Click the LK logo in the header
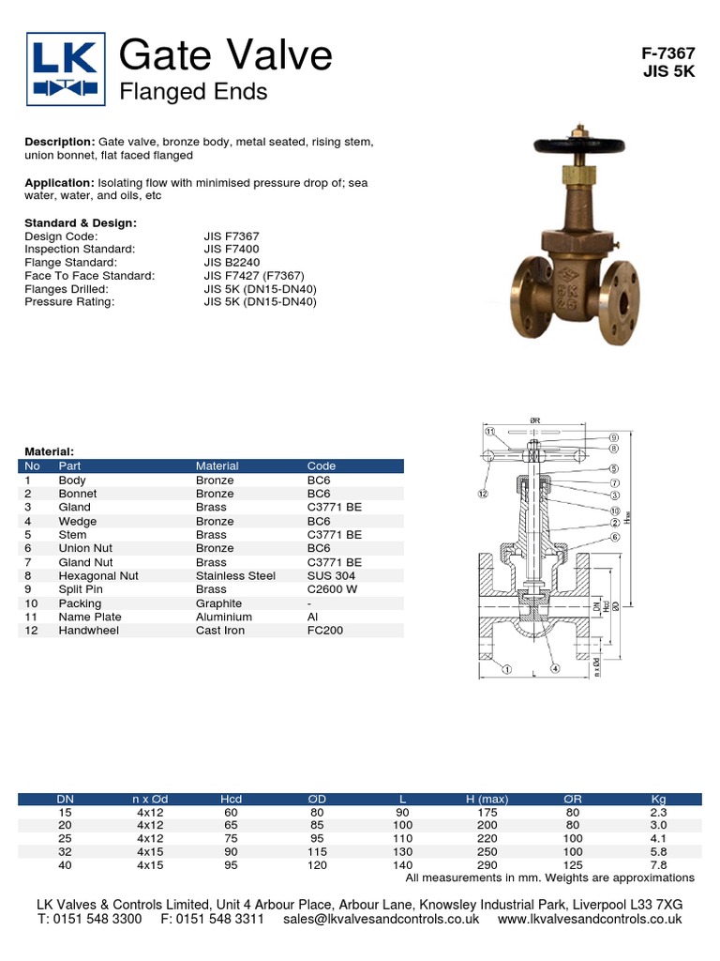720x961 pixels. (64, 68)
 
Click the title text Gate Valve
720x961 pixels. (226, 56)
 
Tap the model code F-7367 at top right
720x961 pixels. (667, 54)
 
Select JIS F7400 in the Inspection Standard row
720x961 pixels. (232, 250)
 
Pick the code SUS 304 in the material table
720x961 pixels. (331, 576)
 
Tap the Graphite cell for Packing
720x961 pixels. (218, 603)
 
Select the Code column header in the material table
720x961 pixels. (321, 465)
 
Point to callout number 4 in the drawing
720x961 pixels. (555, 669)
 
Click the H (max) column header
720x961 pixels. (487, 800)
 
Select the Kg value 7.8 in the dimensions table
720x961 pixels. (658, 864)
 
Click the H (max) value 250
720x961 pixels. (487, 851)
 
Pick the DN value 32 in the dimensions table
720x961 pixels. (65, 851)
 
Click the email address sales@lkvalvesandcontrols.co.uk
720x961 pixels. (381, 920)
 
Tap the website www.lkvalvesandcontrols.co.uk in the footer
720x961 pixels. (590, 920)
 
